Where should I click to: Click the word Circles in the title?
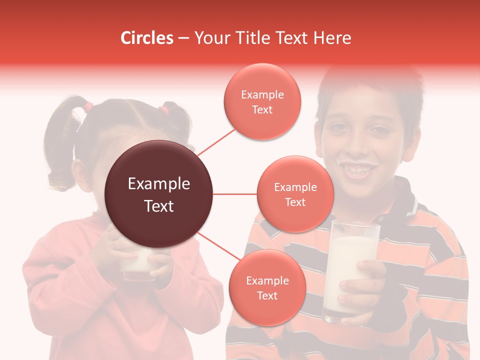(x=147, y=38)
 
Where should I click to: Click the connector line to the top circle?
(x=216, y=141)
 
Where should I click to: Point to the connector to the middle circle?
(x=235, y=194)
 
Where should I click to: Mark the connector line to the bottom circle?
(x=218, y=246)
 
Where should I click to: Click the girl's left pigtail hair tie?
(x=88, y=106)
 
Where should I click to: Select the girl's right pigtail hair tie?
(x=164, y=109)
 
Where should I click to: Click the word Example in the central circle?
(x=159, y=184)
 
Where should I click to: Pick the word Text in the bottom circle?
(x=267, y=295)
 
